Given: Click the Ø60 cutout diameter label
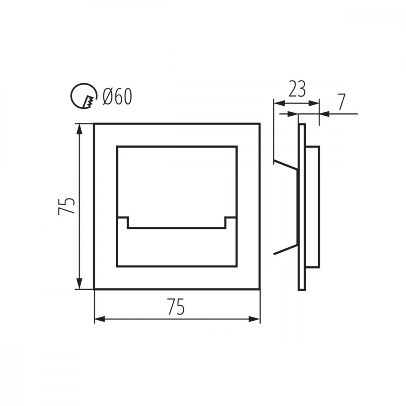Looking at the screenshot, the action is click(x=117, y=96).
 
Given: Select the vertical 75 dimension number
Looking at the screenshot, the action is click(x=67, y=206).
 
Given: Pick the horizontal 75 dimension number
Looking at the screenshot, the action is click(x=176, y=307).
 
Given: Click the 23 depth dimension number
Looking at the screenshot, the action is click(x=297, y=89).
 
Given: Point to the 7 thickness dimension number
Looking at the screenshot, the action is click(x=341, y=102).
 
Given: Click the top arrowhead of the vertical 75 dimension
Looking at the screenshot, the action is click(x=80, y=129).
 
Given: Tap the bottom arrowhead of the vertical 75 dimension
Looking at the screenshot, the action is click(x=80, y=283).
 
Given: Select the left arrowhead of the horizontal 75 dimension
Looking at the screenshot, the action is click(x=100, y=319).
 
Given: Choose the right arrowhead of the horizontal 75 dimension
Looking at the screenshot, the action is click(x=254, y=319).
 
